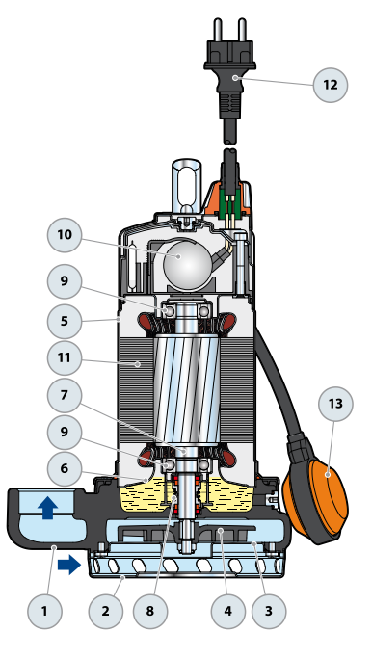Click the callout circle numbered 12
coord(331,85)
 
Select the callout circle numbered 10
coord(65,235)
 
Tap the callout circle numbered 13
coord(335,404)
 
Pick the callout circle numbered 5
coord(65,322)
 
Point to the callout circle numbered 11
coord(65,358)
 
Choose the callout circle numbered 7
coord(65,395)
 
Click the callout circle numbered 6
coord(65,468)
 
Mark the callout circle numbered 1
coord(44,611)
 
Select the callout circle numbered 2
coord(105,611)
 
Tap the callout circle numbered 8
coord(150,611)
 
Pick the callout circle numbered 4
coord(227,611)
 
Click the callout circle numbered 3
coord(269,611)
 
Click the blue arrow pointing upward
coord(47,508)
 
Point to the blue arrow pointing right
coord(69,565)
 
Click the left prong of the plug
coord(218,30)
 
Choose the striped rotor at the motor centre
coord(187,390)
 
